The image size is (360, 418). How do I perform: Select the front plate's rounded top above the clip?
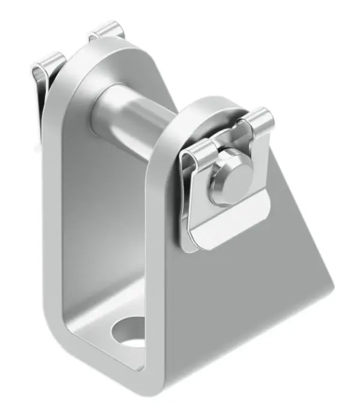pyautogui.click(x=210, y=108)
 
